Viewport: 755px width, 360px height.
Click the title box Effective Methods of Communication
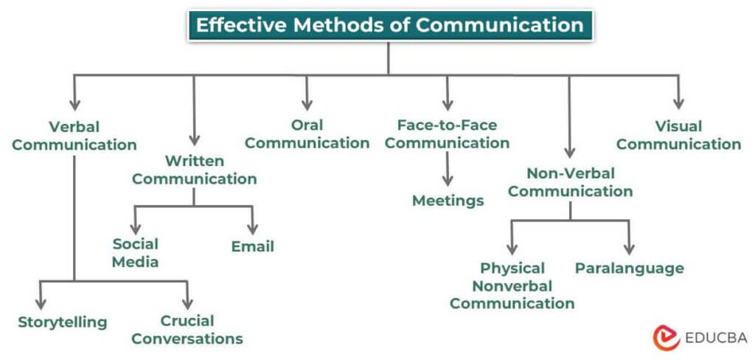coord(389,25)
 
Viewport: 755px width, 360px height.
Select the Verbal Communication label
coord(74,136)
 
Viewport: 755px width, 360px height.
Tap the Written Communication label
coord(195,170)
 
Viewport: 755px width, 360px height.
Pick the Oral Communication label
coord(307,134)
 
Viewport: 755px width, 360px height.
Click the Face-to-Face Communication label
coord(447,134)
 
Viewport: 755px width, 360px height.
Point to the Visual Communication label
coord(678,136)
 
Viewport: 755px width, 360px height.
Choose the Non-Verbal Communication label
coord(571,182)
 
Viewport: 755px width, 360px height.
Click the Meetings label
coord(448,201)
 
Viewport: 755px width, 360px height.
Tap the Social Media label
coord(136,252)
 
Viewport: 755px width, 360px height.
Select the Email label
coord(253,246)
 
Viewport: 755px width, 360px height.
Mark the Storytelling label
coord(63,322)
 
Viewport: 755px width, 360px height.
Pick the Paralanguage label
coord(629,268)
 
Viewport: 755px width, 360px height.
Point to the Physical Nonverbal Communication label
coord(512,285)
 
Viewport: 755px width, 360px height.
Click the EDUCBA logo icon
coord(667,337)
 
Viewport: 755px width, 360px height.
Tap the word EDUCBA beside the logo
coord(714,338)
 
